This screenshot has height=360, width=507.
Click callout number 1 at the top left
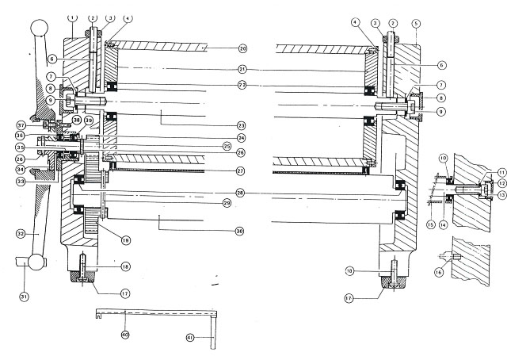point(72,17)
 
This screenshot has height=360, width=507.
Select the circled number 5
point(416,24)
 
